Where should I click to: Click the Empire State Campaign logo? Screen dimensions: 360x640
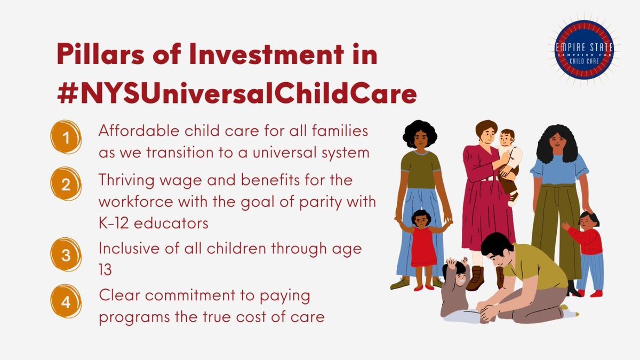tap(583, 50)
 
